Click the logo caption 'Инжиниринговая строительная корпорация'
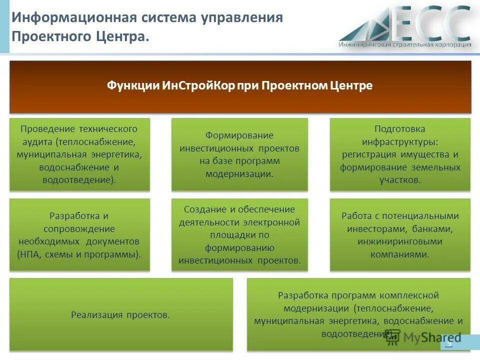click(x=404, y=44)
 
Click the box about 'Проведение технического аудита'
click(x=79, y=154)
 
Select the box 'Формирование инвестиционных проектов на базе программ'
click(x=239, y=154)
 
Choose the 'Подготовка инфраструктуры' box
click(x=400, y=154)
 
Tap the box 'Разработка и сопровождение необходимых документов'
click(x=79, y=234)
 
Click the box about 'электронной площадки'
click(x=239, y=234)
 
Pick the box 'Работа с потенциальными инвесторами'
click(x=400, y=234)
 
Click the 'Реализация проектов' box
click(x=121, y=314)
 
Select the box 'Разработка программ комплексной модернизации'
click(x=358, y=314)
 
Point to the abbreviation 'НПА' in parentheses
click(x=29, y=254)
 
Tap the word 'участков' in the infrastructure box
click(x=400, y=180)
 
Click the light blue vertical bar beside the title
click(x=4, y=26)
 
